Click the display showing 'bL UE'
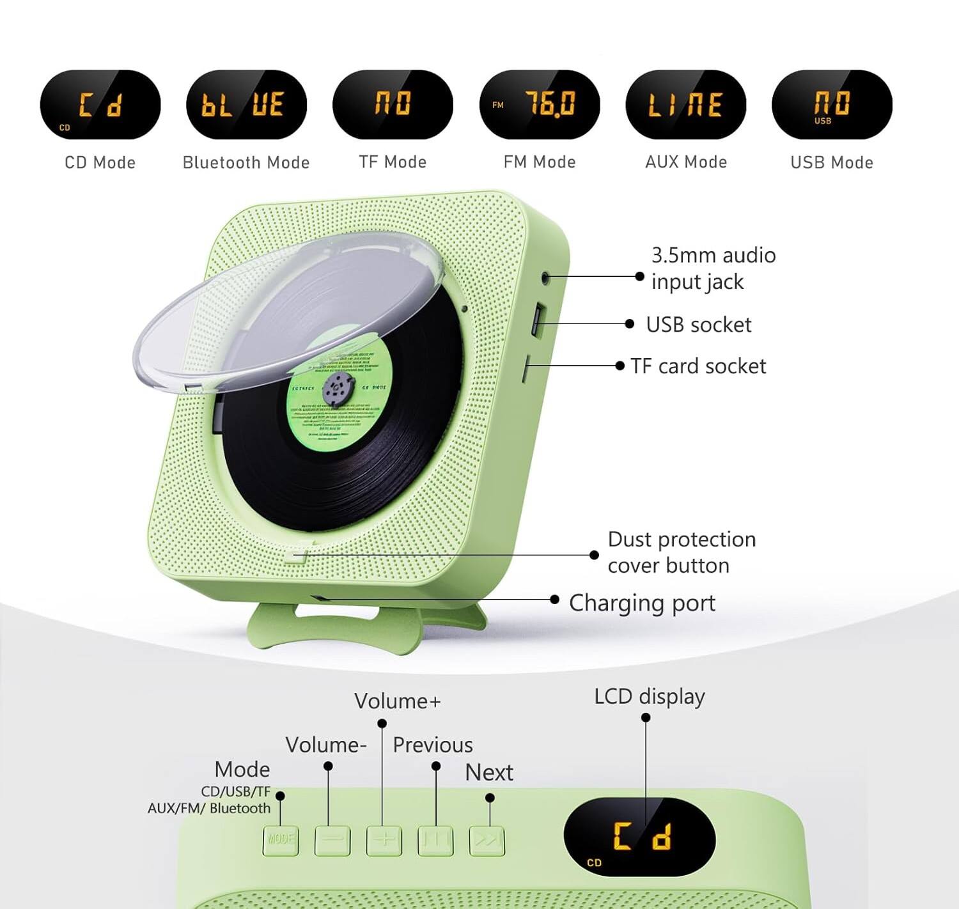pyautogui.click(x=246, y=105)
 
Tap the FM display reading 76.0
pyautogui.click(x=540, y=105)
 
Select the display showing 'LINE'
pyautogui.click(x=685, y=105)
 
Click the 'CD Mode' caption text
pyautogui.click(x=100, y=162)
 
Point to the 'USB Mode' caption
pyautogui.click(x=831, y=162)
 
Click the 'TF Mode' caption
pyautogui.click(x=393, y=162)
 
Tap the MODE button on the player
pyautogui.click(x=280, y=840)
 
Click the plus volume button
pyautogui.click(x=384, y=840)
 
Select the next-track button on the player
pyautogui.click(x=487, y=840)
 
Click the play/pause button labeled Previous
pyautogui.click(x=435, y=840)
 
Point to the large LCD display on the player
pyautogui.click(x=639, y=837)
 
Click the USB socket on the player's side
pyautogui.click(x=537, y=318)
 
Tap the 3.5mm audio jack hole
pyautogui.click(x=545, y=277)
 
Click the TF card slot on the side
pyautogui.click(x=526, y=369)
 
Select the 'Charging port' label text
pyautogui.click(x=642, y=603)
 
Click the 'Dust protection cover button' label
pyautogui.click(x=682, y=552)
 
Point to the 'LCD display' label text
pyautogui.click(x=649, y=696)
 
